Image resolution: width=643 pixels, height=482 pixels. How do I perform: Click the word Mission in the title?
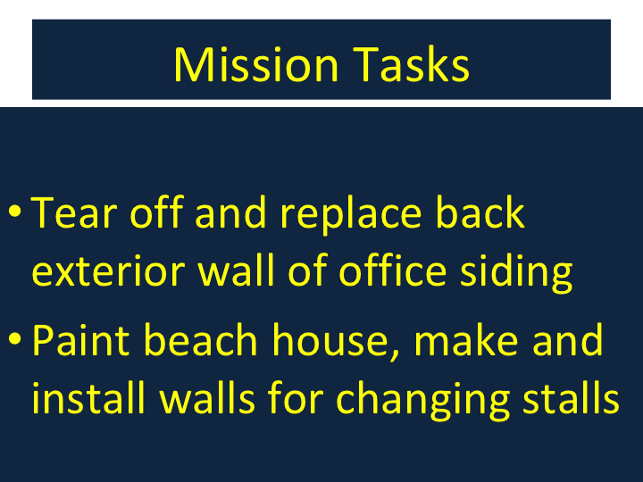pos(256,64)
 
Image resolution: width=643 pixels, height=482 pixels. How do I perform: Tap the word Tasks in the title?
pos(411,64)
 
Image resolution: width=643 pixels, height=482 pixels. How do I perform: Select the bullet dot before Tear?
pos(15,211)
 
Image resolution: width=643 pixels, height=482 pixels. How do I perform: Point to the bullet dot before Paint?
pos(15,338)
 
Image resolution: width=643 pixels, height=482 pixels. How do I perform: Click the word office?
pos(392,270)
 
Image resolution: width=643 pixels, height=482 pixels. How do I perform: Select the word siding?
pos(516,273)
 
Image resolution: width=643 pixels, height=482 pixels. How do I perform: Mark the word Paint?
pos(80,339)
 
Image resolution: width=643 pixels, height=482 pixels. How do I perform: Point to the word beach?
pos(201,339)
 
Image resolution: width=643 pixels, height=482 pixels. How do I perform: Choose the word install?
pos(88,397)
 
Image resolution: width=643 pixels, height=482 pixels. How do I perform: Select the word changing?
pos(422,401)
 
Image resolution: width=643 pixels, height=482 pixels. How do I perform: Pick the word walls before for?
pos(207,397)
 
